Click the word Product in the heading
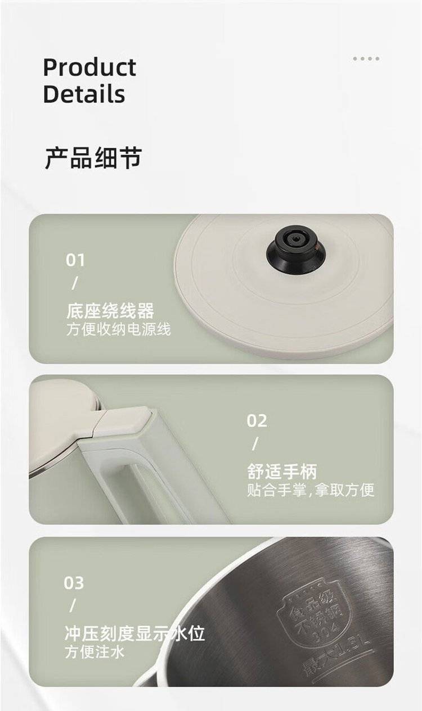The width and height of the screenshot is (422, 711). [89, 67]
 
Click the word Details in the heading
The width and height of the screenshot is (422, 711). [84, 94]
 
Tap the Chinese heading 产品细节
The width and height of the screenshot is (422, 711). [93, 158]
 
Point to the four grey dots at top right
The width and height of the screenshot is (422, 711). [366, 58]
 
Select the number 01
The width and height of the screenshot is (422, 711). [75, 260]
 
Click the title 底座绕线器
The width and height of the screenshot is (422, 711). [110, 311]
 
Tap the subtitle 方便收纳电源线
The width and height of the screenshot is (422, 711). [119, 329]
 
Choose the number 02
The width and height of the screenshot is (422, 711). [257, 420]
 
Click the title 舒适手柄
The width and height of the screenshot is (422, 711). [282, 472]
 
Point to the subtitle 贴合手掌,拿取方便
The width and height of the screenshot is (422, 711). [311, 490]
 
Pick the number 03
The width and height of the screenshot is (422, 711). [74, 583]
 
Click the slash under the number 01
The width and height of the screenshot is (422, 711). [74, 283]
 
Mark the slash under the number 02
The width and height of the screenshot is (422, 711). [255, 443]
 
